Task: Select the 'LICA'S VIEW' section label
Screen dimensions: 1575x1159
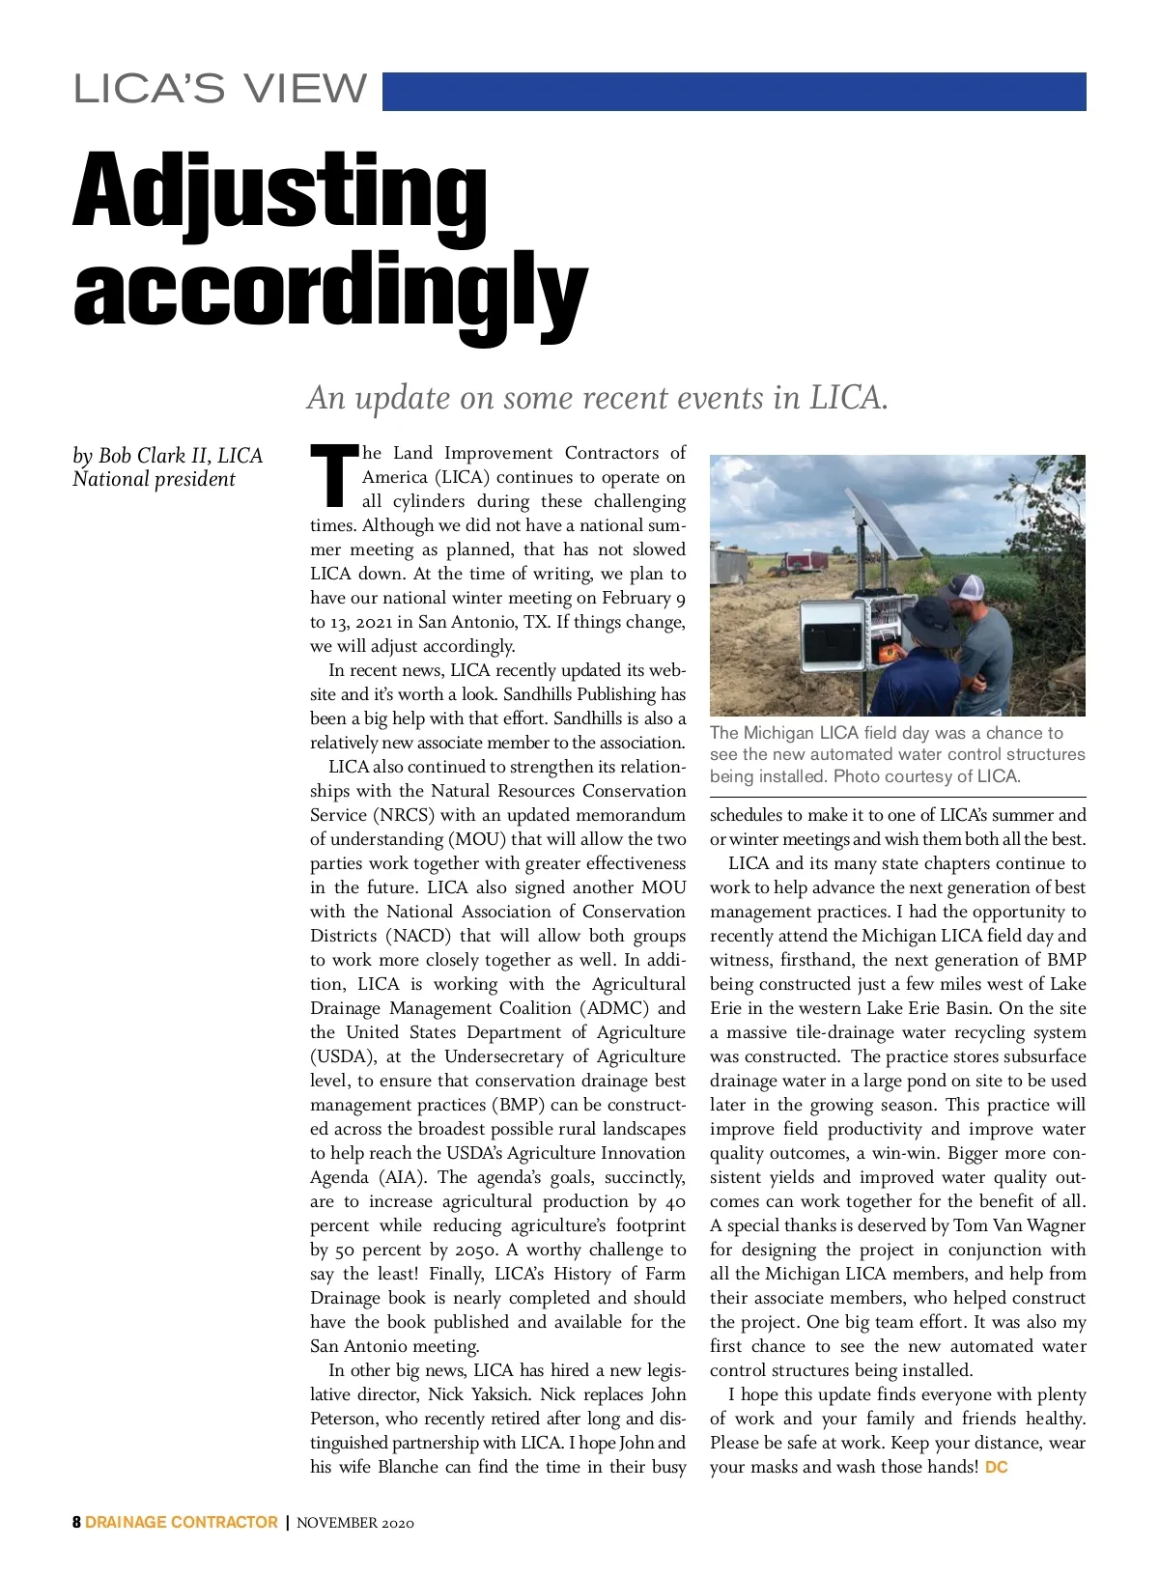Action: click(x=220, y=90)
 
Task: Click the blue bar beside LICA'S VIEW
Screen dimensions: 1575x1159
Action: click(x=734, y=92)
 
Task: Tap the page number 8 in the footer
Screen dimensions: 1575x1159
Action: click(x=76, y=1523)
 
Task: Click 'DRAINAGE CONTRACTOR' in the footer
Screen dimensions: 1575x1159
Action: click(x=182, y=1523)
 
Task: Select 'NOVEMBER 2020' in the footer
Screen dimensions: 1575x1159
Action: click(x=355, y=1524)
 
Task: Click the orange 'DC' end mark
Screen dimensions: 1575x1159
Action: click(x=996, y=1468)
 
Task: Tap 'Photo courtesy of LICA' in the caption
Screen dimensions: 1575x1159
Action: click(x=925, y=776)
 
